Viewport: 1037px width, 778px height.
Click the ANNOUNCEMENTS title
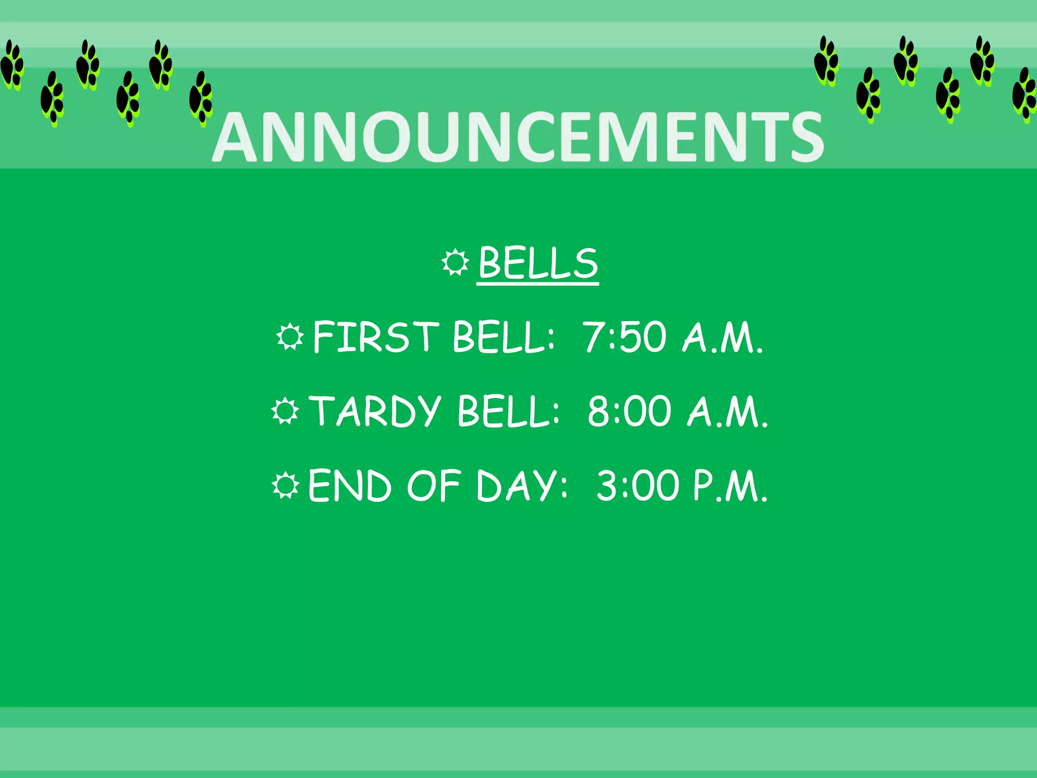(517, 138)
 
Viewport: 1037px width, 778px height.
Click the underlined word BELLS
(538, 263)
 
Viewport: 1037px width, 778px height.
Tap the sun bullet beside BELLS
(455, 262)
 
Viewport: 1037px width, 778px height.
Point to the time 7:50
(624, 337)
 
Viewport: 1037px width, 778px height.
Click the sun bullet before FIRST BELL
(290, 337)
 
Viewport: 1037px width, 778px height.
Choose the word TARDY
(375, 411)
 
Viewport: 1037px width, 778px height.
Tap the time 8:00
(629, 411)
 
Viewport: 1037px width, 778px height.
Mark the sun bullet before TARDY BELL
(285, 411)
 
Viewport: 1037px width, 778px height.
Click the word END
(349, 486)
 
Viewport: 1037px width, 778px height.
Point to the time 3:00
(637, 486)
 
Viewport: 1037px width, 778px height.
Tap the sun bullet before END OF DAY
(286, 486)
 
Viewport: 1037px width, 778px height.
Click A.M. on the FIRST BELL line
(722, 337)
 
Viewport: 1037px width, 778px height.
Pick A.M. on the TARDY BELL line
(727, 411)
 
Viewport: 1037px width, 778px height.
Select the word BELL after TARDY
(508, 411)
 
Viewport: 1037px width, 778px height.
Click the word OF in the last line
(433, 486)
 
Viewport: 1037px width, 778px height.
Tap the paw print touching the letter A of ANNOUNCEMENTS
(201, 98)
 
